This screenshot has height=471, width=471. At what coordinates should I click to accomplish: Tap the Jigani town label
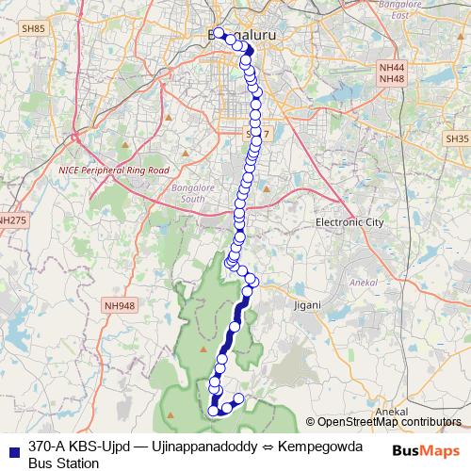[x=306, y=305]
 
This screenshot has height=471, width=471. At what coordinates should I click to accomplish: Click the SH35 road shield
[x=458, y=138]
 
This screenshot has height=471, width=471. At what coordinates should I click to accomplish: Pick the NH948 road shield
[x=121, y=305]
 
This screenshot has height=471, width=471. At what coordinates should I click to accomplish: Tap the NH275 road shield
[x=11, y=219]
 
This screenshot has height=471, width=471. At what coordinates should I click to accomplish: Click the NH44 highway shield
[x=390, y=69]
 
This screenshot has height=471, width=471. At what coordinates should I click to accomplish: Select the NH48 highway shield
[x=390, y=79]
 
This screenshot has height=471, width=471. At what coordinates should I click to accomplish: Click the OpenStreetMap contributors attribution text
[x=389, y=423]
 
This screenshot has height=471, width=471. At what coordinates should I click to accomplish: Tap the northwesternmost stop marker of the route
[x=219, y=33]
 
